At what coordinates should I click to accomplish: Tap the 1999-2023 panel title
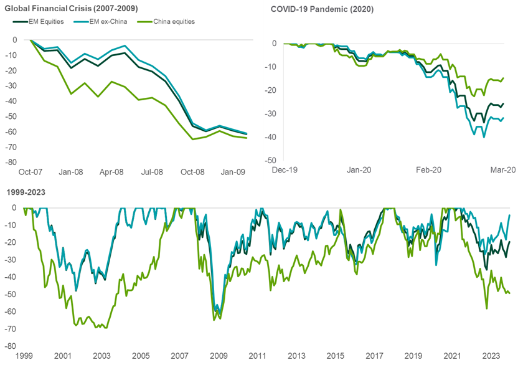[21, 193]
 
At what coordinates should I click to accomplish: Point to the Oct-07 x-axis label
[30, 172]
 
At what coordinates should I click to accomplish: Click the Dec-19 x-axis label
[284, 169]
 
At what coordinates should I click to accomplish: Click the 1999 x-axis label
[24, 356]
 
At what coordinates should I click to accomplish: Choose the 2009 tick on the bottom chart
[219, 356]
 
